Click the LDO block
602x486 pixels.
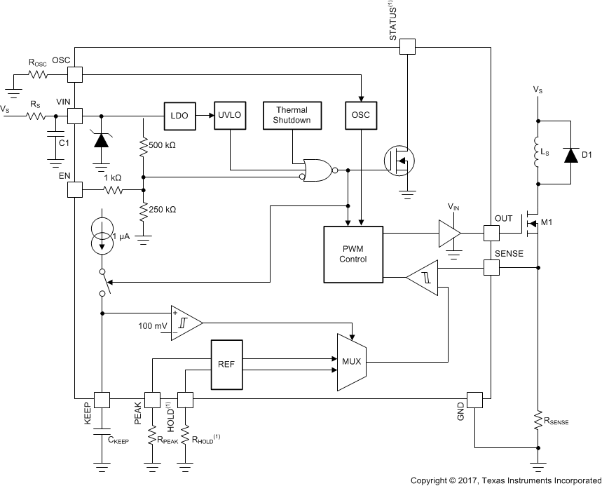[x=179, y=114]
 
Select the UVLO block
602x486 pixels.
[x=231, y=114]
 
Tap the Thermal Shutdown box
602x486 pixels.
[x=292, y=116]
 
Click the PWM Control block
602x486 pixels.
[x=353, y=254]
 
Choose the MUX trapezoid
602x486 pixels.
[x=350, y=362]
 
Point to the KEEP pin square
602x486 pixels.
[x=102, y=399]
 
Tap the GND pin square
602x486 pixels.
[x=475, y=400]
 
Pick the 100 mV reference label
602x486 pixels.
[x=153, y=327]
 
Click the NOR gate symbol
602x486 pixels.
[x=317, y=169]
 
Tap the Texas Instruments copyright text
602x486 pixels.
[x=505, y=480]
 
